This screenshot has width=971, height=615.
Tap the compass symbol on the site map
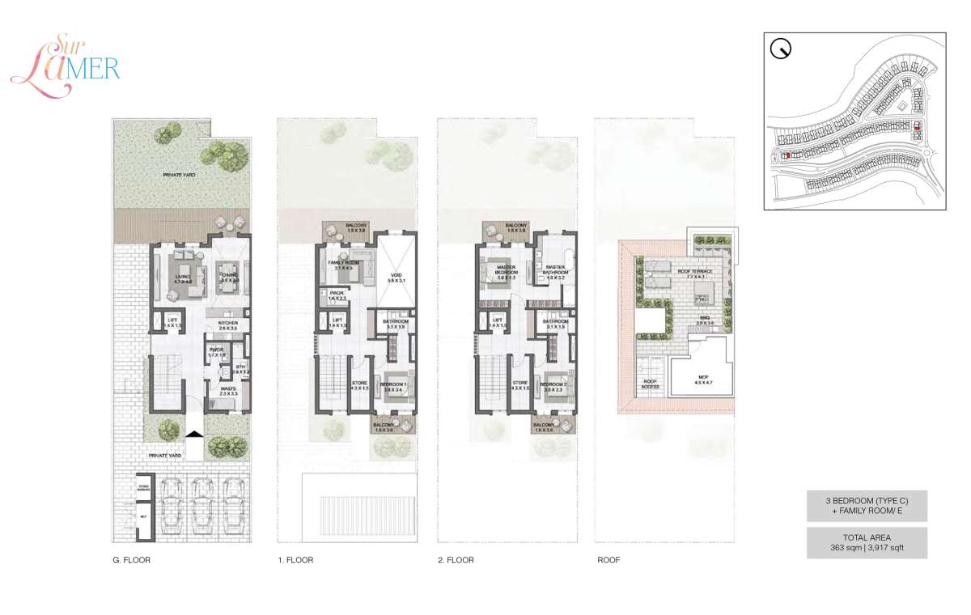point(782,50)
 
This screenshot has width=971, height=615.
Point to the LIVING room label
point(182,277)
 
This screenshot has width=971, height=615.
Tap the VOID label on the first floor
point(396,277)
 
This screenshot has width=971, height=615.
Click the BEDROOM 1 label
point(394,387)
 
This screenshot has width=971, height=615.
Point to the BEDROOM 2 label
point(553,387)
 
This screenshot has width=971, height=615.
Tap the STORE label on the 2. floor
point(520,384)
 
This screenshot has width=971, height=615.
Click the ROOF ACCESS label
point(650,384)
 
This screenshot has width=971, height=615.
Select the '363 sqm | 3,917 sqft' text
point(867,548)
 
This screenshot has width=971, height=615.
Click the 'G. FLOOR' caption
point(131,560)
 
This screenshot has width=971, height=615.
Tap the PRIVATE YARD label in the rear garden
point(179,174)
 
